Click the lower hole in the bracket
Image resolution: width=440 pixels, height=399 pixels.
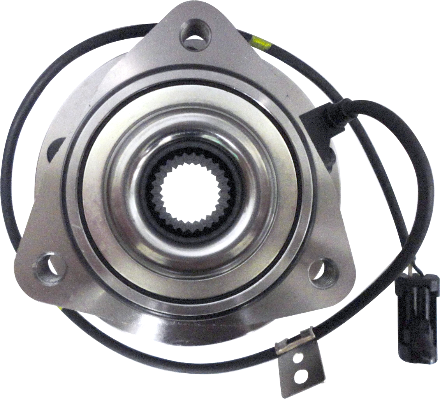tap(301, 376)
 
